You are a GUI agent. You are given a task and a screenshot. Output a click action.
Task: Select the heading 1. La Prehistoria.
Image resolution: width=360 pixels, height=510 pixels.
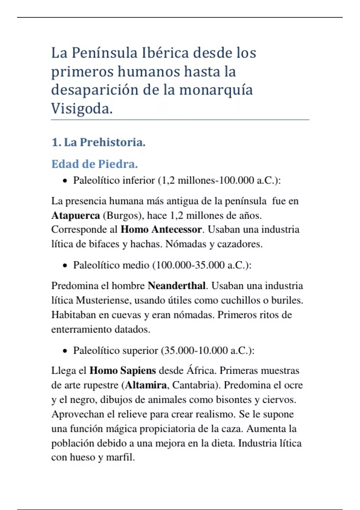[x=98, y=142]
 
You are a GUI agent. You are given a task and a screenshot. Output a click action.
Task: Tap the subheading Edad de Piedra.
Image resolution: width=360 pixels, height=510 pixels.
[x=94, y=164]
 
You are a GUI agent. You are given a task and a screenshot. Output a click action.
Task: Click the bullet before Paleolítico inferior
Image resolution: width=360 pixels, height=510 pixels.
[x=65, y=181]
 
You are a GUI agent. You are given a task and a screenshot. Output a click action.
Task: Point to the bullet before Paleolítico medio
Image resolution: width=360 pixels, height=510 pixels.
[x=65, y=266]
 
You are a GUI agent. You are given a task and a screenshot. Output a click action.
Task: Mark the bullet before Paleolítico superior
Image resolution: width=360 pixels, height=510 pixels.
[x=65, y=351]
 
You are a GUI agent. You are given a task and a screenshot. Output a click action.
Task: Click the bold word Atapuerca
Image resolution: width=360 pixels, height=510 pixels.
[x=76, y=215]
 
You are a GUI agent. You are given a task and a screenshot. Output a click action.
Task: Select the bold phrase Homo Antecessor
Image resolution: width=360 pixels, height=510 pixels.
[x=161, y=229]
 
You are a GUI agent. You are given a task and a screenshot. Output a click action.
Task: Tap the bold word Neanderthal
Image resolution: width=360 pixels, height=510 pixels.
[x=177, y=286]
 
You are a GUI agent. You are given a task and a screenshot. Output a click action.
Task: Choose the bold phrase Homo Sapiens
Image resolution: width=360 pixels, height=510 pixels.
[x=123, y=370]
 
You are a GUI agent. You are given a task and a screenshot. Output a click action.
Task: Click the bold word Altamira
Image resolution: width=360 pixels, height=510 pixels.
[x=146, y=385]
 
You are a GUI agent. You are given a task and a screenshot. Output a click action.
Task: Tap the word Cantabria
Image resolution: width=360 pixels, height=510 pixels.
[x=194, y=385]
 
